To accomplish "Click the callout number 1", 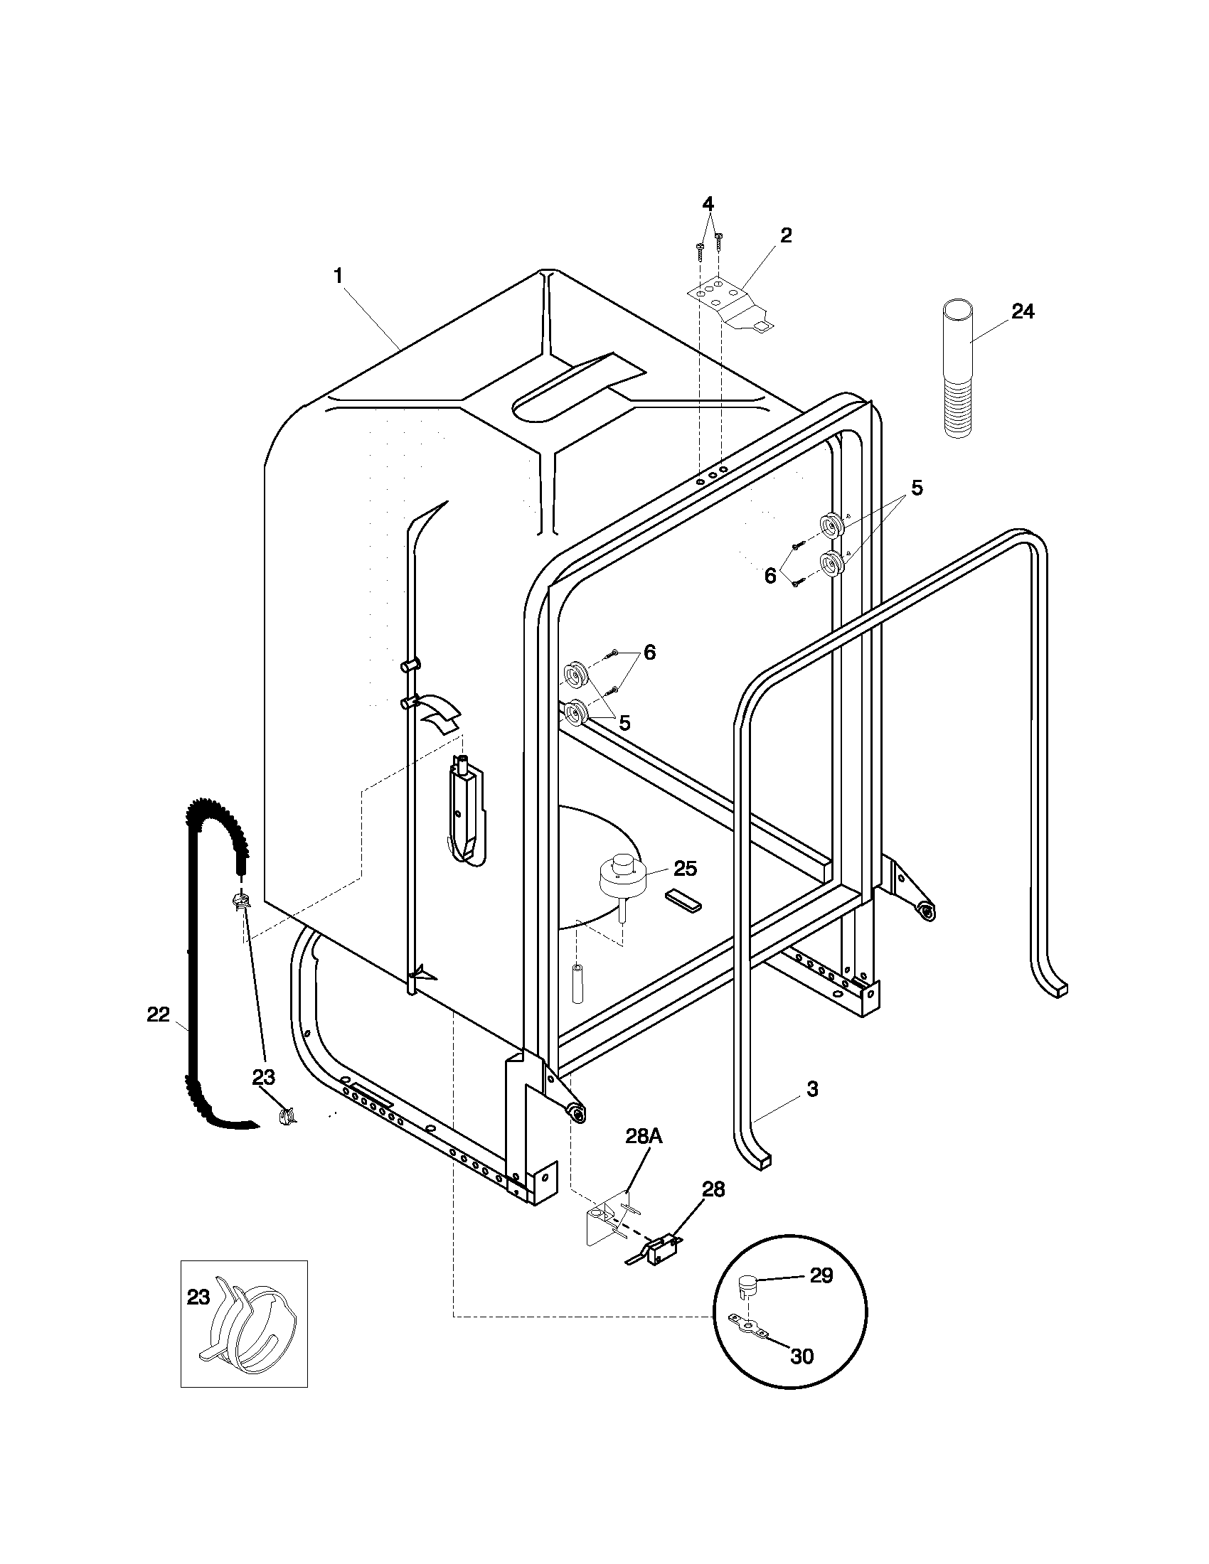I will [x=338, y=276].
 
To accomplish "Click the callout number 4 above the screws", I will [x=708, y=203].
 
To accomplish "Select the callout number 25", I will [x=685, y=868].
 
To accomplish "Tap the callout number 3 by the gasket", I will [x=812, y=1089].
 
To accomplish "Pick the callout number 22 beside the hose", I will [x=159, y=1014].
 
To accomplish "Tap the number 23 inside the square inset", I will [x=198, y=1297].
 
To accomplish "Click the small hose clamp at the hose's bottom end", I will [x=287, y=1115].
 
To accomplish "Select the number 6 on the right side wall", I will [x=770, y=575].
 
